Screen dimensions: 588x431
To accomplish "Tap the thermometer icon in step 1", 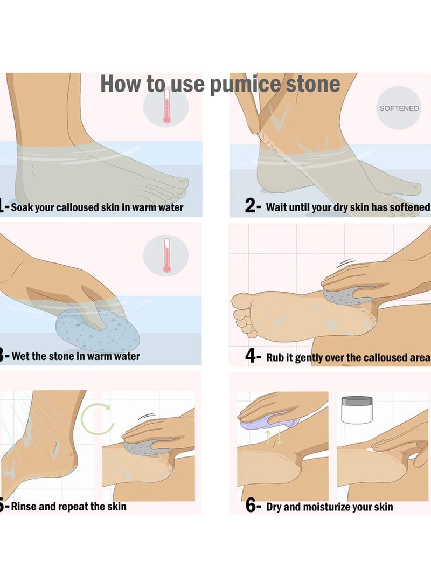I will [166, 108].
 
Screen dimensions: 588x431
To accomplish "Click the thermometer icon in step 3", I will [166, 255].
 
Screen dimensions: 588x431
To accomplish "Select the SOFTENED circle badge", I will [399, 108].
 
